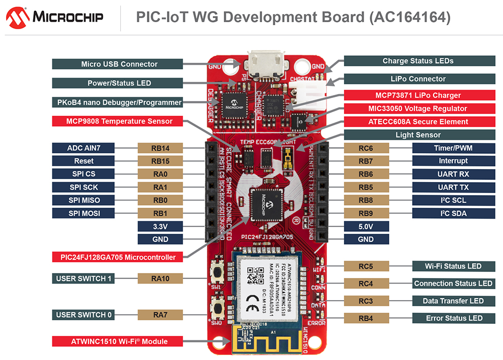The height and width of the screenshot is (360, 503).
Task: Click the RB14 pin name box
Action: pos(160,148)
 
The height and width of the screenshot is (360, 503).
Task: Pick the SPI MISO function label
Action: pos(83,200)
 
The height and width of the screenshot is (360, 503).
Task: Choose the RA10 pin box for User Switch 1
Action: pos(160,279)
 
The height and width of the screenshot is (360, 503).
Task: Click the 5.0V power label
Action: pos(366,226)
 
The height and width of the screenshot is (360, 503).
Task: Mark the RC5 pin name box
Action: pos(366,266)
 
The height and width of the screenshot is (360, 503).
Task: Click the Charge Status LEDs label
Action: pos(417,61)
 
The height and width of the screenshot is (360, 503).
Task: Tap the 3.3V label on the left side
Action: pos(160,226)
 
